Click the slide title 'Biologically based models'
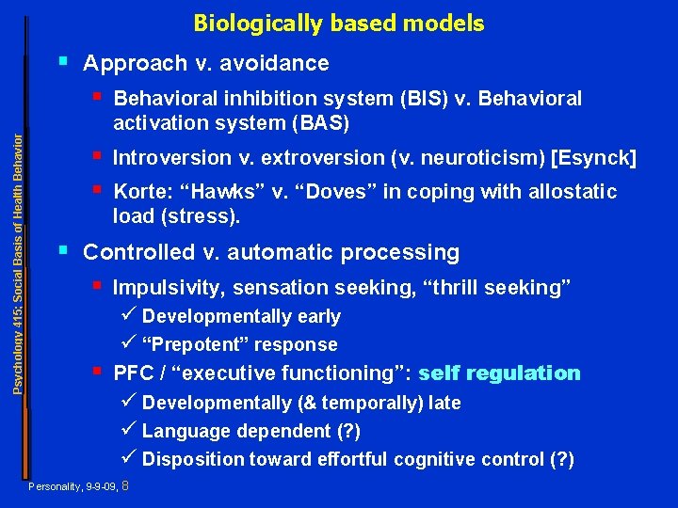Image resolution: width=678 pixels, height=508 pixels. click(339, 24)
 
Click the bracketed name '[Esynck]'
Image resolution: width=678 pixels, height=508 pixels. click(596, 158)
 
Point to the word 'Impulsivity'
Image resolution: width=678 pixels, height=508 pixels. click(169, 288)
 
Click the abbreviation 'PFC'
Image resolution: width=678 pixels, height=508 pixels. click(132, 373)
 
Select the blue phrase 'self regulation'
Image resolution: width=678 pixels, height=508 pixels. click(499, 373)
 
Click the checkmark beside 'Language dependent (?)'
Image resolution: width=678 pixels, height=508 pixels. click(130, 431)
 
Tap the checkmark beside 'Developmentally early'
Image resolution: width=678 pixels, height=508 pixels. click(130, 316)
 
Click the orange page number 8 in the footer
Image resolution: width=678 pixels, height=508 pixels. click(125, 486)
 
